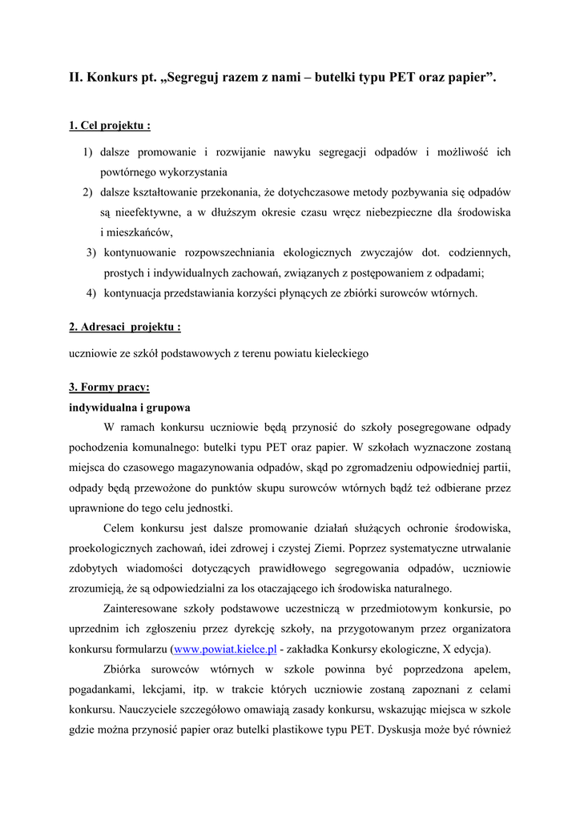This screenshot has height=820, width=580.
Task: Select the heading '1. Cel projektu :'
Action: (110, 126)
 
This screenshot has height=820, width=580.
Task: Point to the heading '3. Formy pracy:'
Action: (109, 387)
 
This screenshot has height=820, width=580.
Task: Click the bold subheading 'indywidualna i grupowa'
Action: (129, 407)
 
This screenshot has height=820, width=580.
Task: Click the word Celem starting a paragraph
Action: (121, 528)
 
